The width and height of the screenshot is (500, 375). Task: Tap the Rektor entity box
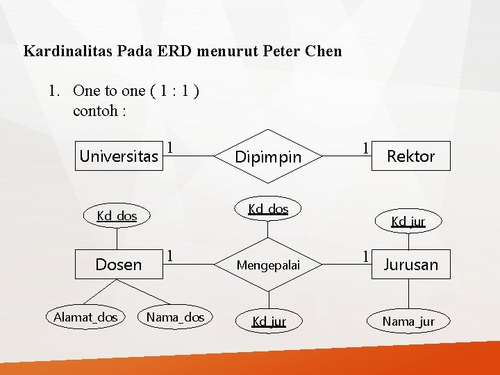[410, 156]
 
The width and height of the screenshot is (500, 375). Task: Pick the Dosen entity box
[118, 265]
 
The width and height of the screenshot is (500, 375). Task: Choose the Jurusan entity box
[410, 265]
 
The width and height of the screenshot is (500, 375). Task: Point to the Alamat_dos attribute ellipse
[85, 317]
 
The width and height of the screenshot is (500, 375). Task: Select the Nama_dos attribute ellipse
[175, 317]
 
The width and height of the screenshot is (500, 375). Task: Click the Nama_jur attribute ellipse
[408, 321]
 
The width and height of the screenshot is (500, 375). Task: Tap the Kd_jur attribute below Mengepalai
[269, 321]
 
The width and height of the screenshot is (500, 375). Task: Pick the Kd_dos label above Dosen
[117, 216]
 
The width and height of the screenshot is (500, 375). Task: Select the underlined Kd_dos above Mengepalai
[268, 208]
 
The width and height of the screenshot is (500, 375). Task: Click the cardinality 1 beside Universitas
[169, 147]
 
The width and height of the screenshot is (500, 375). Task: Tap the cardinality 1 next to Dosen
[169, 256]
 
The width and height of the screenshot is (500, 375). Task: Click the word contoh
[95, 110]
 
